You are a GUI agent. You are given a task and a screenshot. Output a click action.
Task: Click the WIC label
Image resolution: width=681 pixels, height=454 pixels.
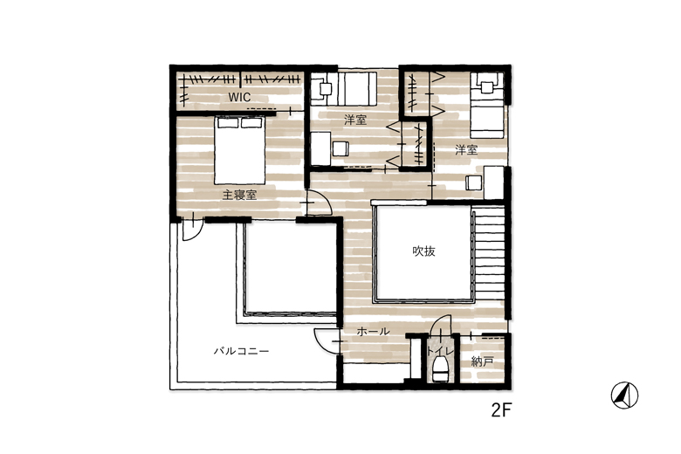(x=240, y=97)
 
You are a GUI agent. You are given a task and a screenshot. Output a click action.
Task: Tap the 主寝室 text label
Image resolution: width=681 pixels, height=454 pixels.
(x=239, y=195)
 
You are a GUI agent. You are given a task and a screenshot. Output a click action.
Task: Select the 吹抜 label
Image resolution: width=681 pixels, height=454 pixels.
(x=423, y=251)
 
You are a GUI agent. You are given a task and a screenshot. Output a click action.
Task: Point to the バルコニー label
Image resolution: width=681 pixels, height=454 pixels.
(x=241, y=351)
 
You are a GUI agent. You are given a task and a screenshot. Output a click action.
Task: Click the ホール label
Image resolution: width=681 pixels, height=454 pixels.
(x=373, y=332)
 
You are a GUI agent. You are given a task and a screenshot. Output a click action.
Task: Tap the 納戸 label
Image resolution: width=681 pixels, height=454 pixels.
(x=482, y=361)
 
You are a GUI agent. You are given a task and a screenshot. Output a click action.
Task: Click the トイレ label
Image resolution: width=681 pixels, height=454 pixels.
(x=440, y=351)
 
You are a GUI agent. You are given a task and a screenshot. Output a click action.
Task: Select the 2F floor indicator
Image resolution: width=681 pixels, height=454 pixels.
(x=502, y=410)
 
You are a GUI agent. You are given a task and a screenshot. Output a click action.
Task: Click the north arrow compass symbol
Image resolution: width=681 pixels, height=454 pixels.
(x=624, y=396)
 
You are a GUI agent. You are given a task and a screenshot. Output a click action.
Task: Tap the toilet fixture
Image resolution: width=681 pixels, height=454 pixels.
(x=440, y=369)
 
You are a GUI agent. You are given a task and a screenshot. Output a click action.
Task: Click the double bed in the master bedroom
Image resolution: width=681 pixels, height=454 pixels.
(x=239, y=150)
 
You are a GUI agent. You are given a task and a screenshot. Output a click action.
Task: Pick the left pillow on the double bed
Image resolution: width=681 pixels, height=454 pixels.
(x=228, y=123)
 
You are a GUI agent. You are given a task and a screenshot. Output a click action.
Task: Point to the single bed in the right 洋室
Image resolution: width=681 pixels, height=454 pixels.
(x=487, y=105)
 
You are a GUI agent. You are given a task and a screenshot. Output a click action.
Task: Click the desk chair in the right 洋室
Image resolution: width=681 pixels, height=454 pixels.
(x=474, y=182)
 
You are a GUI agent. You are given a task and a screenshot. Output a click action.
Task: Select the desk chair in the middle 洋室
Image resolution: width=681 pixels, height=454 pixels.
(x=340, y=149)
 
